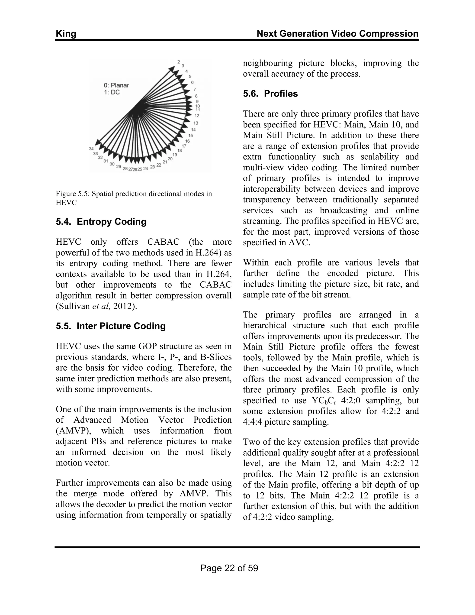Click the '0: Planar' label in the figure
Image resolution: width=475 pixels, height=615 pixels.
(116, 85)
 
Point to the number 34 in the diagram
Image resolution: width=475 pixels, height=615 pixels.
(91, 148)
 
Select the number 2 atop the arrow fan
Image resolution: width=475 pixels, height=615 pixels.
(179, 62)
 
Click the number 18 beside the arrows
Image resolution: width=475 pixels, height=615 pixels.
(180, 150)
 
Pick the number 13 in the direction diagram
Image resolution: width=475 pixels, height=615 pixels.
(196, 123)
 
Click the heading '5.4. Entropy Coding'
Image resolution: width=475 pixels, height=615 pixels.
(101, 222)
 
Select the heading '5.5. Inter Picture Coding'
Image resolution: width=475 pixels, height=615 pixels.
(111, 326)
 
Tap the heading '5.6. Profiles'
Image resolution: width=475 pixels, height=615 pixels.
(270, 94)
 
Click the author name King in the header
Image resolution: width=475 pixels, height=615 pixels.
(66, 34)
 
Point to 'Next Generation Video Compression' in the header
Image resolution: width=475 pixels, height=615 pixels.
(337, 34)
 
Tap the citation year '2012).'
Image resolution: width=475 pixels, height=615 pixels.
(125, 306)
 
